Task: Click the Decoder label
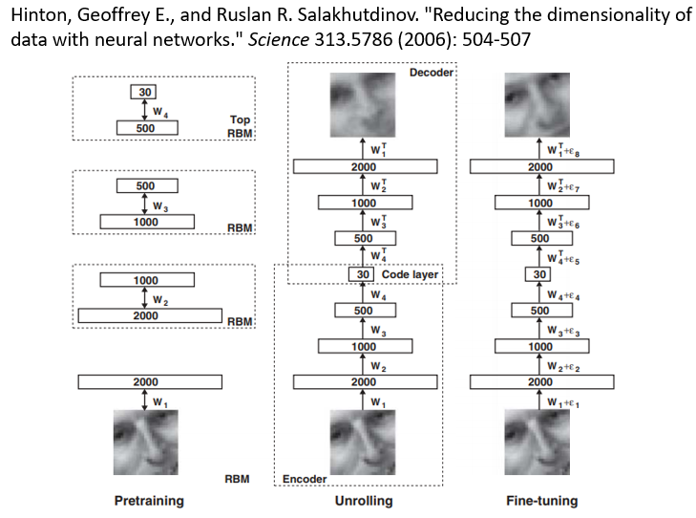tap(431, 73)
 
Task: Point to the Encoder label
tap(305, 479)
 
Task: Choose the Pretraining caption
tap(149, 501)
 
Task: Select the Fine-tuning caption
tap(541, 501)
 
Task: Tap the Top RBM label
tap(240, 126)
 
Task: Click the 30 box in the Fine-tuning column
tap(540, 274)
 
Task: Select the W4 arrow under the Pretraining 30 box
tap(143, 110)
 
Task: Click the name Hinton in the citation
tap(35, 17)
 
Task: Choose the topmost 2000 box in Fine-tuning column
tap(540, 167)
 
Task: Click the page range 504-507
tap(483, 42)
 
